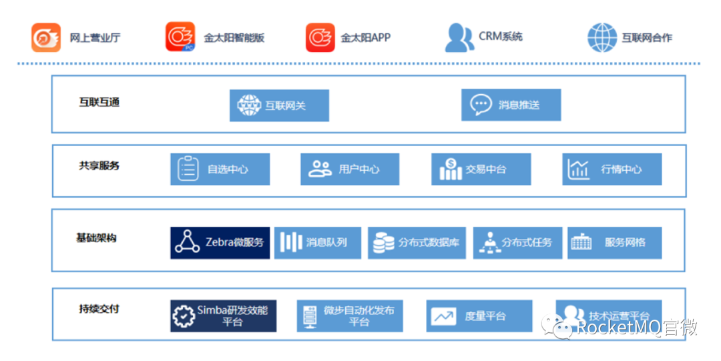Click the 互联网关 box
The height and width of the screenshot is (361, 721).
click(279, 105)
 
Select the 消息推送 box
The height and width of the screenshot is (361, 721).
click(511, 105)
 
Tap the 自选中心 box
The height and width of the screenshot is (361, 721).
click(220, 169)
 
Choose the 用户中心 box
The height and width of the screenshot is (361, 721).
click(350, 169)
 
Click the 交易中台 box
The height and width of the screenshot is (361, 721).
click(481, 169)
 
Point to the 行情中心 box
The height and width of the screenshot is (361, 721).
click(612, 169)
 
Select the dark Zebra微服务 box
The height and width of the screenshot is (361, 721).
click(220, 243)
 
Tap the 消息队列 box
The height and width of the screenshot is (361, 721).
click(318, 243)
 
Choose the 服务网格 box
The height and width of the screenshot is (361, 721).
click(615, 243)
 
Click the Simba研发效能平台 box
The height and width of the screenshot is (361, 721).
click(223, 316)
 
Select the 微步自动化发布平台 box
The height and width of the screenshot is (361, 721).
click(350, 316)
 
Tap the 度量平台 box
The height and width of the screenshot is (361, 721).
click(479, 316)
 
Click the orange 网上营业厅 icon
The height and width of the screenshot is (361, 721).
click(46, 37)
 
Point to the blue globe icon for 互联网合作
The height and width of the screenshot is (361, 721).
click(602, 37)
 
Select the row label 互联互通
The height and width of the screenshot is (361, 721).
click(99, 102)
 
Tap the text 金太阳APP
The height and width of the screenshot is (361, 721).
click(365, 38)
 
